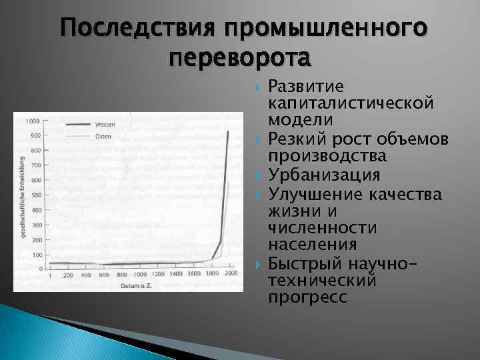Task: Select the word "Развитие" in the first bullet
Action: click(x=305, y=87)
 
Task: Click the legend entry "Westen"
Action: click(x=105, y=125)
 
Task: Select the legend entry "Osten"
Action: click(x=103, y=136)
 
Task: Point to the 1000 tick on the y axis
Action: click(x=32, y=121)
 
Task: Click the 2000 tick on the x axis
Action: click(x=231, y=275)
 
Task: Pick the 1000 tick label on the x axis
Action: click(x=140, y=275)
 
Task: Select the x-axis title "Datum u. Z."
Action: click(x=137, y=285)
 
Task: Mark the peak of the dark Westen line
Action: click(x=228, y=131)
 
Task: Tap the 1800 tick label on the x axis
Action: click(x=213, y=275)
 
